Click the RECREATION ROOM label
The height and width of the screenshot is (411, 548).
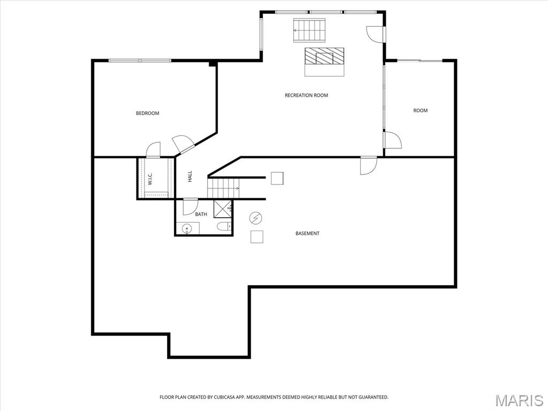306,95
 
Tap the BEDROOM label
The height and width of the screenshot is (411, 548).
148,113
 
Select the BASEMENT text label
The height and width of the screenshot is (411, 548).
307,233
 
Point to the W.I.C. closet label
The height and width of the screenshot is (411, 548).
150,178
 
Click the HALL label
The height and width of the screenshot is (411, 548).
190,177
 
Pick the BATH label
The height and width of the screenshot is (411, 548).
201,214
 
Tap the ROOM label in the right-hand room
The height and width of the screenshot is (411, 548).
421,110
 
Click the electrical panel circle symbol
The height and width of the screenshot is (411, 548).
255,218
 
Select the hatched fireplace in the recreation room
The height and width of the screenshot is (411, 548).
324,56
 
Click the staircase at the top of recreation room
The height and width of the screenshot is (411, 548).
309,31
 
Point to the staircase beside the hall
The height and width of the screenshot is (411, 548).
223,188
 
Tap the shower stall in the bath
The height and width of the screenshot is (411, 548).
223,209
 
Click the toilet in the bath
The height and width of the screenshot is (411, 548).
224,227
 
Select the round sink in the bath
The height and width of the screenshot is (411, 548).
187,229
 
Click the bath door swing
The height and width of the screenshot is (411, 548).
191,207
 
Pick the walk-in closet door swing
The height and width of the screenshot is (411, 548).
153,150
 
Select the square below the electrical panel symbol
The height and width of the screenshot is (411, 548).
257,237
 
